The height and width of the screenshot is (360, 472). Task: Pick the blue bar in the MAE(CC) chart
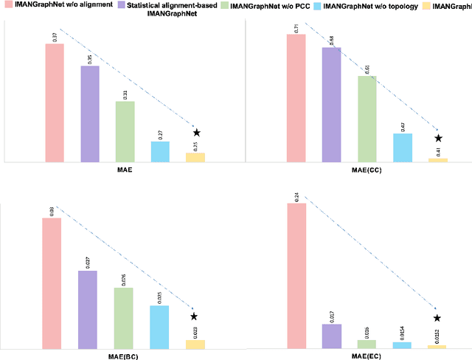pos(402,148)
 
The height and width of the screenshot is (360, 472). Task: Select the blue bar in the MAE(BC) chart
pos(159,326)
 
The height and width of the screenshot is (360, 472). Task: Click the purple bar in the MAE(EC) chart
pos(331,336)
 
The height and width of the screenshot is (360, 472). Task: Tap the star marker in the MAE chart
pos(196,132)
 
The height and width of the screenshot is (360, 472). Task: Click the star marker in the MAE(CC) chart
pos(438,138)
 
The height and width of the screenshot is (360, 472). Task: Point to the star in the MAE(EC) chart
pos(437,318)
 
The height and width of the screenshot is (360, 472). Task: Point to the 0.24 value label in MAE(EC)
pos(296,196)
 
